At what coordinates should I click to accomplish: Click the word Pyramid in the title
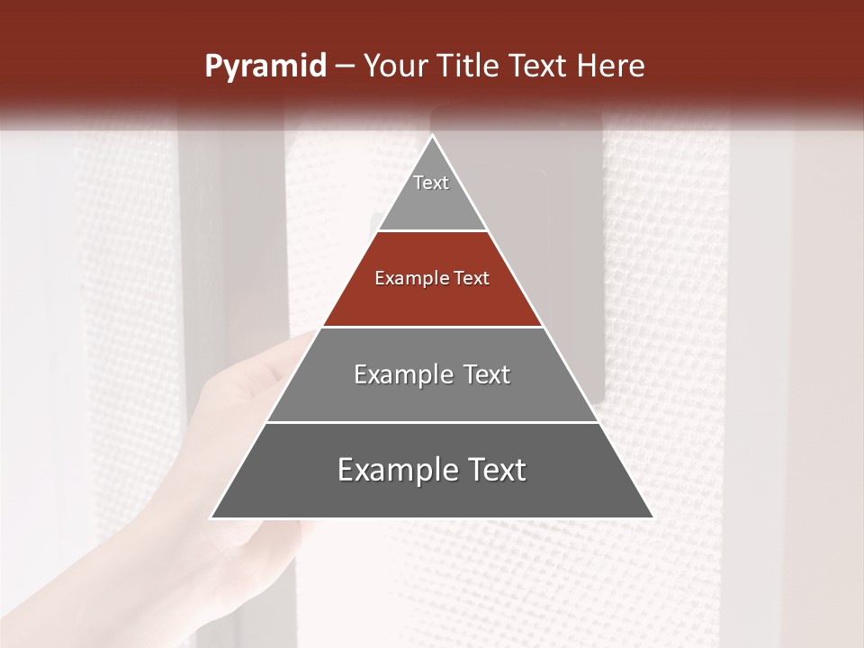[x=265, y=67]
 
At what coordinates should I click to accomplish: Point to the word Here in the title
[x=611, y=67]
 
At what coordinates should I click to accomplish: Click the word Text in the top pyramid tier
[x=431, y=183]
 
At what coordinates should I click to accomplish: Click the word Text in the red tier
[x=471, y=279]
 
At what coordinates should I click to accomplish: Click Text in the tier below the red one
[x=487, y=375]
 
